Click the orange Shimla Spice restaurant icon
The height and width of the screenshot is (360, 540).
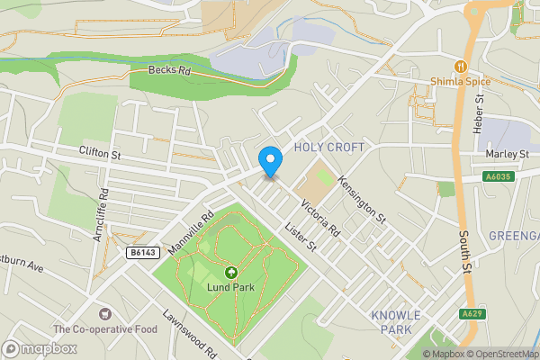point(460,66)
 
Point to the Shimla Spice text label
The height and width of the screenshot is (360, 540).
point(460,81)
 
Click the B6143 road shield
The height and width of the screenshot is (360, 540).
point(138,255)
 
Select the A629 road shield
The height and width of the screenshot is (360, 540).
point(468,314)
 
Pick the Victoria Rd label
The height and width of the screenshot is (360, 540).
point(319,215)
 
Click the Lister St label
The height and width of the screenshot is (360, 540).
point(300,236)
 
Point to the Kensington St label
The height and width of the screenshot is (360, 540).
point(361,200)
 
